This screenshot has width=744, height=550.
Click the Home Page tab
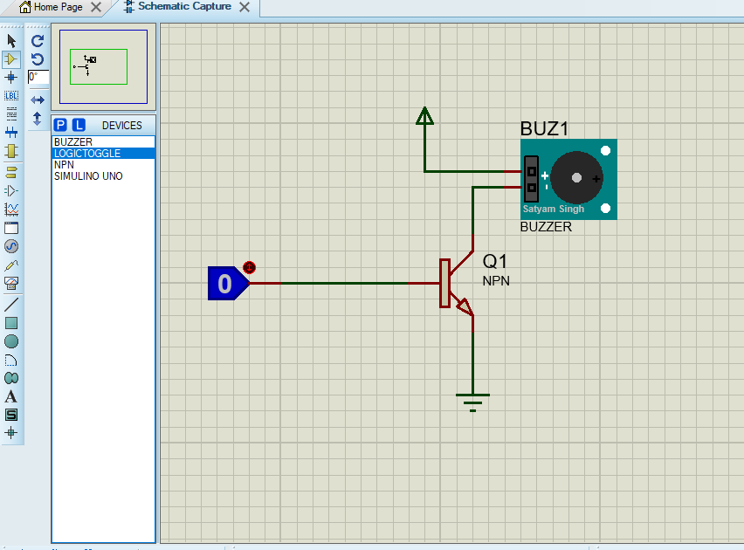(58, 7)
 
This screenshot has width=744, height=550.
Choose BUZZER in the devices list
(72, 142)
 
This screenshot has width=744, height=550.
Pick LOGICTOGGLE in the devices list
(86, 154)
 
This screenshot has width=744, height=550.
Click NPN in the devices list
(64, 165)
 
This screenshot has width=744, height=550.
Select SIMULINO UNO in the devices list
(87, 176)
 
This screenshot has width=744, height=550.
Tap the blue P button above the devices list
(61, 126)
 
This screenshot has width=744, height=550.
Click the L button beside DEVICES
(79, 126)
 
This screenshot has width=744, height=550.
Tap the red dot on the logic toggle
(249, 267)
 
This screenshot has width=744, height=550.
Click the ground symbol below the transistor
(472, 401)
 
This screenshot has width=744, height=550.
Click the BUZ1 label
(544, 129)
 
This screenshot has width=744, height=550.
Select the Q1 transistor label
(495, 262)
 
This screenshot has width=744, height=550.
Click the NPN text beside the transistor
(496, 281)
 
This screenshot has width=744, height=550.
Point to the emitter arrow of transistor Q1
(464, 306)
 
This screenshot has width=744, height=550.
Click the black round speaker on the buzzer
(576, 178)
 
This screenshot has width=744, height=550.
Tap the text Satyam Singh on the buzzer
(554, 210)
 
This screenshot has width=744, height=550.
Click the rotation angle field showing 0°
(38, 77)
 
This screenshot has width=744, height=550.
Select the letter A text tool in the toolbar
(11, 396)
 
